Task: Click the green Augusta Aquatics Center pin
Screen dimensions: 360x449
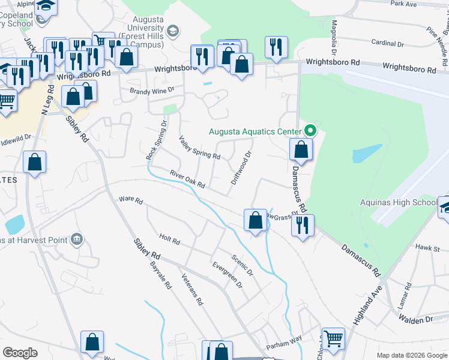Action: point(310,130)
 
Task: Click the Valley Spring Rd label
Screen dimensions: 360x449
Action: point(200,147)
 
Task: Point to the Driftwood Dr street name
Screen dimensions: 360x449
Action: point(240,167)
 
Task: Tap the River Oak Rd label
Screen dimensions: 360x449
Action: point(188,178)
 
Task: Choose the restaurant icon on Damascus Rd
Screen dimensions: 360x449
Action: point(302,225)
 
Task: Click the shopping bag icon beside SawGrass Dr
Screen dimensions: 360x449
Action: point(255,219)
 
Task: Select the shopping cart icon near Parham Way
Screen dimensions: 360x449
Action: point(333,338)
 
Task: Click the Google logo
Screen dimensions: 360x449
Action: point(20,353)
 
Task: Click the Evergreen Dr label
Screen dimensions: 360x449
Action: point(226,274)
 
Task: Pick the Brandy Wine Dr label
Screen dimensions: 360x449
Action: point(152,90)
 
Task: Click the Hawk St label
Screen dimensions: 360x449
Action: point(427,247)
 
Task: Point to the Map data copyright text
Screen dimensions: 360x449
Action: point(411,355)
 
